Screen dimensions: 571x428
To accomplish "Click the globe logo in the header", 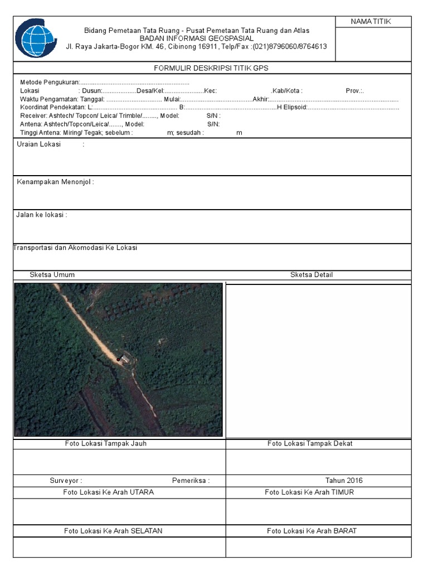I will tap(36, 38).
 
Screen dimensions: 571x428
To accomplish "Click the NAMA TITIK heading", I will tap(371, 22).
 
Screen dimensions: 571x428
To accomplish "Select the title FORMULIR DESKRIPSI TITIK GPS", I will tap(211, 68).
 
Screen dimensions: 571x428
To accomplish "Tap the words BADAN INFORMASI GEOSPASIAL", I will tap(196, 38).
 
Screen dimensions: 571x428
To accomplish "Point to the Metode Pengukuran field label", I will tap(50, 82).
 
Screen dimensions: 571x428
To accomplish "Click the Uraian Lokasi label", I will tap(39, 144).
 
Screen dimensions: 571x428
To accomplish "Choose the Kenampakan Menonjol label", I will tap(55, 182).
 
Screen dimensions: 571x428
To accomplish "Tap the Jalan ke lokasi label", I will tap(42, 215).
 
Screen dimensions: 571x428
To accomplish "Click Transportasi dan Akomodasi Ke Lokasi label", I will tap(75, 248).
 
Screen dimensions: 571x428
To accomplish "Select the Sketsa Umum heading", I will tap(52, 275).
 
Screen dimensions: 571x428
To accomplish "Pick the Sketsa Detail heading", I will tap(312, 275).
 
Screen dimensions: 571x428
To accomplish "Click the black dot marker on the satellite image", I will tap(118, 360).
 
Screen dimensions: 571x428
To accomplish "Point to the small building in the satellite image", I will tap(126, 357).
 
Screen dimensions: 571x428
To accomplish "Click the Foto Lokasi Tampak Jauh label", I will tap(106, 444).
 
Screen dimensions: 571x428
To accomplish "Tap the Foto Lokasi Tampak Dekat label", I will tap(310, 444).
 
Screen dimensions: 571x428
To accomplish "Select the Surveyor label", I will tap(66, 481).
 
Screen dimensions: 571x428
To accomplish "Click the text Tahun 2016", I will tap(344, 481).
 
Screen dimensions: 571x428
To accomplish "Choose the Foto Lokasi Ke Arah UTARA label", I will tap(109, 492).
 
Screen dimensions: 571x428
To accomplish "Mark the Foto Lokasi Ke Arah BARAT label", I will tap(312, 531).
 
